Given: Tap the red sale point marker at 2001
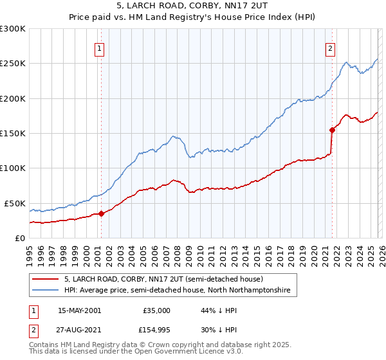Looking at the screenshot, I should pyautogui.click(x=102, y=213).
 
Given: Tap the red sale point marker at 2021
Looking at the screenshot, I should pyautogui.click(x=332, y=130).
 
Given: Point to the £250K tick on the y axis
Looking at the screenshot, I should pyautogui.click(x=13, y=64).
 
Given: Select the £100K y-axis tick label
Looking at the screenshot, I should pyautogui.click(x=13, y=168).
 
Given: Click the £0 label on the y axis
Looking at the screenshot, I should pyautogui.click(x=19, y=238).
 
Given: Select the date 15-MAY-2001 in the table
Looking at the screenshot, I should pyautogui.click(x=79, y=310).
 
